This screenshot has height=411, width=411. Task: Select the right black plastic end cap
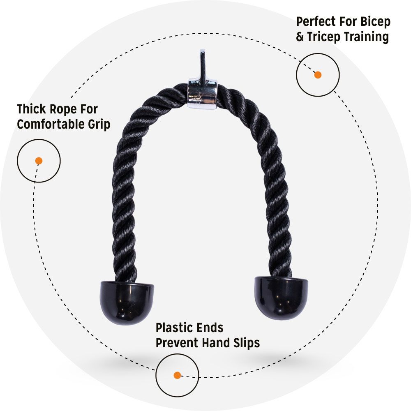click(281, 297)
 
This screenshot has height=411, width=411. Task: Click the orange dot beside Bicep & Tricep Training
click(318, 75)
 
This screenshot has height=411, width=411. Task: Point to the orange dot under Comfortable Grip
click(39, 161)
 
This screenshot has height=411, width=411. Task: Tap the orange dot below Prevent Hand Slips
click(177, 375)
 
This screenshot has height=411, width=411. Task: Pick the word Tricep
click(324, 37)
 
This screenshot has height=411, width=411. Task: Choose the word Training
click(366, 37)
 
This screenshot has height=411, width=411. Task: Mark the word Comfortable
click(49, 125)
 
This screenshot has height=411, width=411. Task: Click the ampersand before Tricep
click(300, 37)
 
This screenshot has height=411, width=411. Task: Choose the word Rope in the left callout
click(66, 109)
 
